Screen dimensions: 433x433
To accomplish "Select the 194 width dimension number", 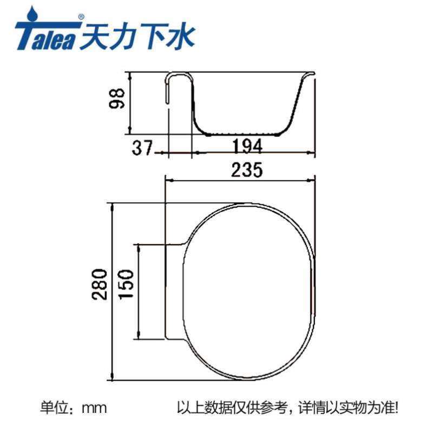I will coord(247,147).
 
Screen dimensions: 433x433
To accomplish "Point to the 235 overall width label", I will coord(247,170).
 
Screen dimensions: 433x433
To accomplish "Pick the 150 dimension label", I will coord(126,285).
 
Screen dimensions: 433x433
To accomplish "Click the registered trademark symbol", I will coord(81,17).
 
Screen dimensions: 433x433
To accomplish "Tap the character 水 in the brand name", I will coord(180,36).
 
